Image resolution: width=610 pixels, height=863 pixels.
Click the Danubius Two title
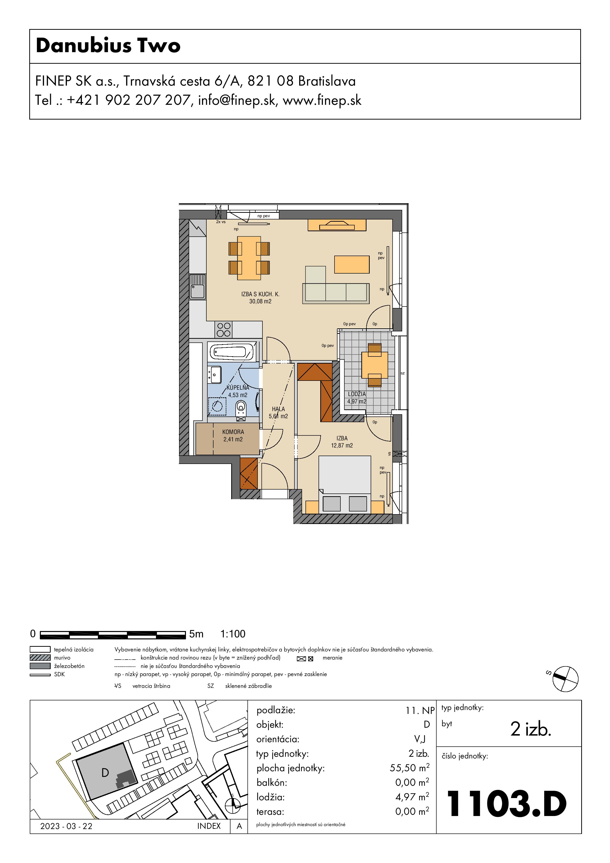click(x=108, y=46)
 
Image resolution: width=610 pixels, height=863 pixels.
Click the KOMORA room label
click(x=233, y=432)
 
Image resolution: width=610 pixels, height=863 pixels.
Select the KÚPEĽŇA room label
click(x=238, y=387)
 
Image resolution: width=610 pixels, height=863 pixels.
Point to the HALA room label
click(x=278, y=409)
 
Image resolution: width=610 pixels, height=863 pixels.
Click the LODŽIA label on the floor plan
click(x=357, y=394)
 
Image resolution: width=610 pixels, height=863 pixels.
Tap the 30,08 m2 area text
click(x=260, y=301)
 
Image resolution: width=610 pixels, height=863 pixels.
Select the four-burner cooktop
click(x=224, y=330)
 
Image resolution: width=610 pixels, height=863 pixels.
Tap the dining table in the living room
click(x=249, y=258)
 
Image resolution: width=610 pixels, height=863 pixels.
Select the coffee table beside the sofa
click(x=352, y=264)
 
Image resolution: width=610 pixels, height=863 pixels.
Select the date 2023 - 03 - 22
click(x=66, y=826)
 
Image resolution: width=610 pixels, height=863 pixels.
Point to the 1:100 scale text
click(x=233, y=634)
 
